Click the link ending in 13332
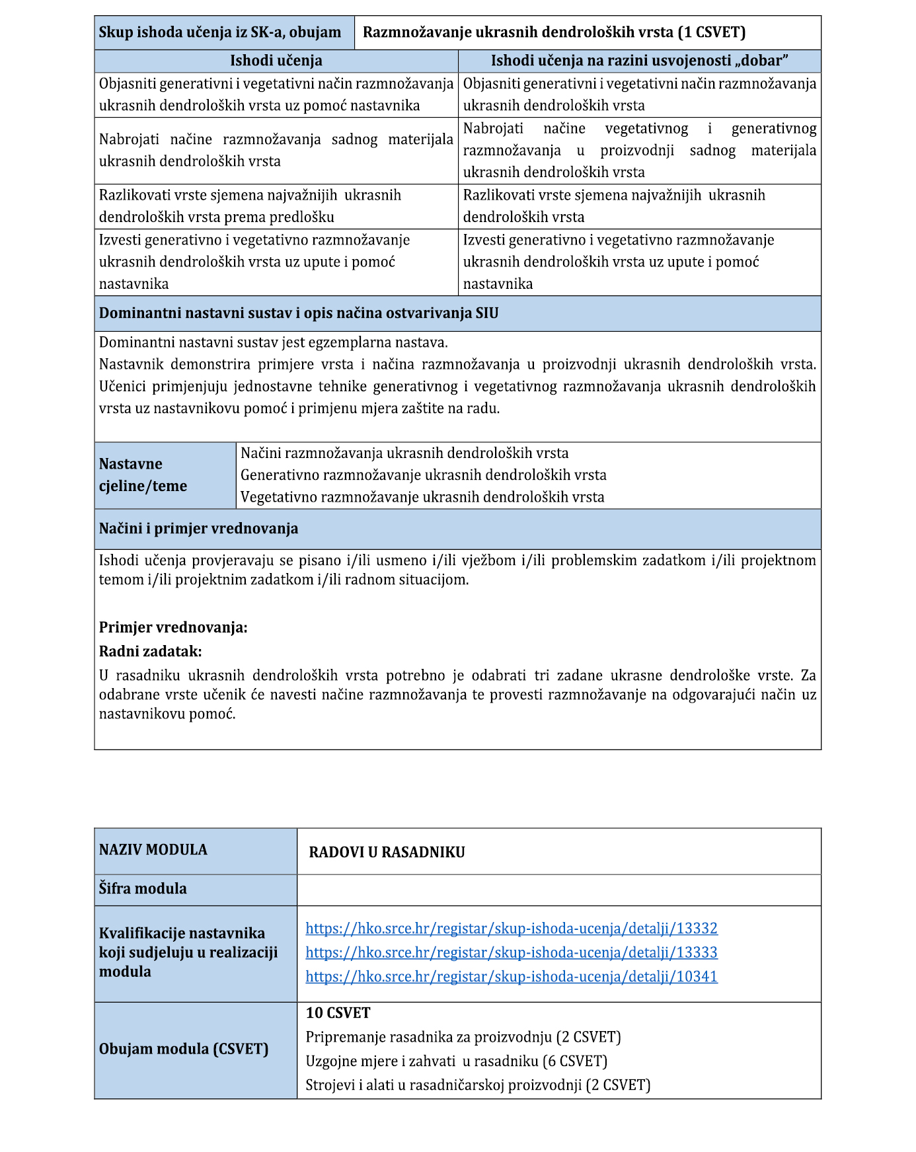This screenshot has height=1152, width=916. coord(511,929)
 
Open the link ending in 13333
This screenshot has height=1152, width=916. coord(511,952)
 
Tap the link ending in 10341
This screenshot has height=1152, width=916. coord(511,977)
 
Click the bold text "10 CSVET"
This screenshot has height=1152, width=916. coord(338,1013)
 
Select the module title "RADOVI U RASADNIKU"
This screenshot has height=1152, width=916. coord(387,853)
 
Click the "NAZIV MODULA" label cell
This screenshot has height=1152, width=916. coord(153,850)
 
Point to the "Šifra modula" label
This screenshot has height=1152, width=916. coord(143,889)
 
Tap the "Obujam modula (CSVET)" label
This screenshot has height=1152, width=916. coord(184,1050)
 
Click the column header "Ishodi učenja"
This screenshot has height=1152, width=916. coord(276,61)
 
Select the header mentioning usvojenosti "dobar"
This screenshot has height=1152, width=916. coord(639,61)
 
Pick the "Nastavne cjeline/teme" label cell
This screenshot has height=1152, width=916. coord(143,475)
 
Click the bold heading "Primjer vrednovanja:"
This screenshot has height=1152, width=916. coord(173,628)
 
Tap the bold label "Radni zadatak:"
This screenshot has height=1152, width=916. coord(151,652)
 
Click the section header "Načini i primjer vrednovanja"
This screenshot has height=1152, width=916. coord(198,529)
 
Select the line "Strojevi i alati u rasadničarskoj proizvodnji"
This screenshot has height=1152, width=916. coord(477,1085)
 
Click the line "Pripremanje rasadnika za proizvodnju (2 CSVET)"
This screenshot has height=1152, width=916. coord(463,1037)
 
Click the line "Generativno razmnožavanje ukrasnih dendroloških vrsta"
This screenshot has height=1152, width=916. coord(423,475)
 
